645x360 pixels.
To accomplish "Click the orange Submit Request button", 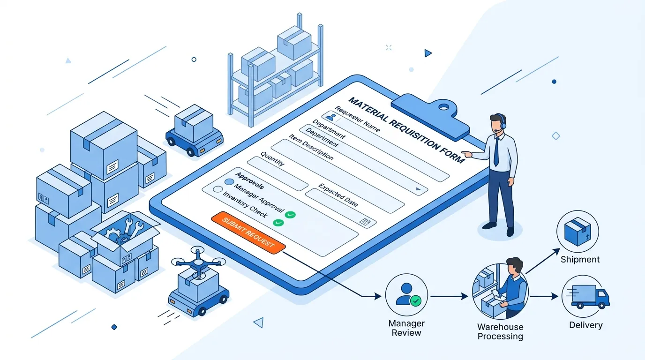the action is click(248, 232).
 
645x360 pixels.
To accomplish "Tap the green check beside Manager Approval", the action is click(290, 215).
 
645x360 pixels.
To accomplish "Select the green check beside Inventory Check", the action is click(278, 223).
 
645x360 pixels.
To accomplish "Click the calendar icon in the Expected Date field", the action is click(365, 221).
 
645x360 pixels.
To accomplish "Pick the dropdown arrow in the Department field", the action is click(418, 189).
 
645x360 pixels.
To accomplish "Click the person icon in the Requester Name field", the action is click(331, 117).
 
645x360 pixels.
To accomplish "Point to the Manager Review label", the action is click(406, 328).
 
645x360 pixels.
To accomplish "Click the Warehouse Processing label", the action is click(500, 331).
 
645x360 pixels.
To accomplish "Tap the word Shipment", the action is click(580, 260).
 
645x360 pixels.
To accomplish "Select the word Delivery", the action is click(585, 325).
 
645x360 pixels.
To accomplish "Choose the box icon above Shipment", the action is click(577, 232).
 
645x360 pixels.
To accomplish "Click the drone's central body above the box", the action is click(198, 262).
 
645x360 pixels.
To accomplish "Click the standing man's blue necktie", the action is click(496, 151).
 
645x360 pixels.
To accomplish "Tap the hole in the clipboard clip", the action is click(444, 107).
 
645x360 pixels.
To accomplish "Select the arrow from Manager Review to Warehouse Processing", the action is click(449, 296).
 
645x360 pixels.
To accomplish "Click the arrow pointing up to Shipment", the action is click(543, 261).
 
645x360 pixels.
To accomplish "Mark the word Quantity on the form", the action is click(272, 159).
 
